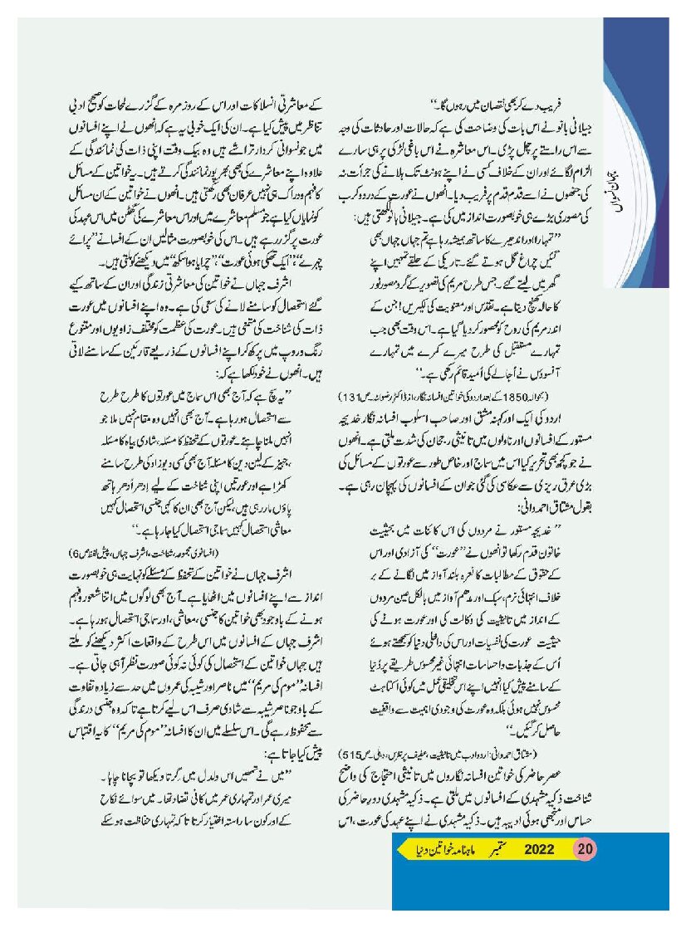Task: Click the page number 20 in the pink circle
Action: click(x=585, y=849)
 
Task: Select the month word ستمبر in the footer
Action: click(x=498, y=849)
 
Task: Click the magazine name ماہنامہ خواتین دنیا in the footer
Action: click(x=443, y=849)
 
